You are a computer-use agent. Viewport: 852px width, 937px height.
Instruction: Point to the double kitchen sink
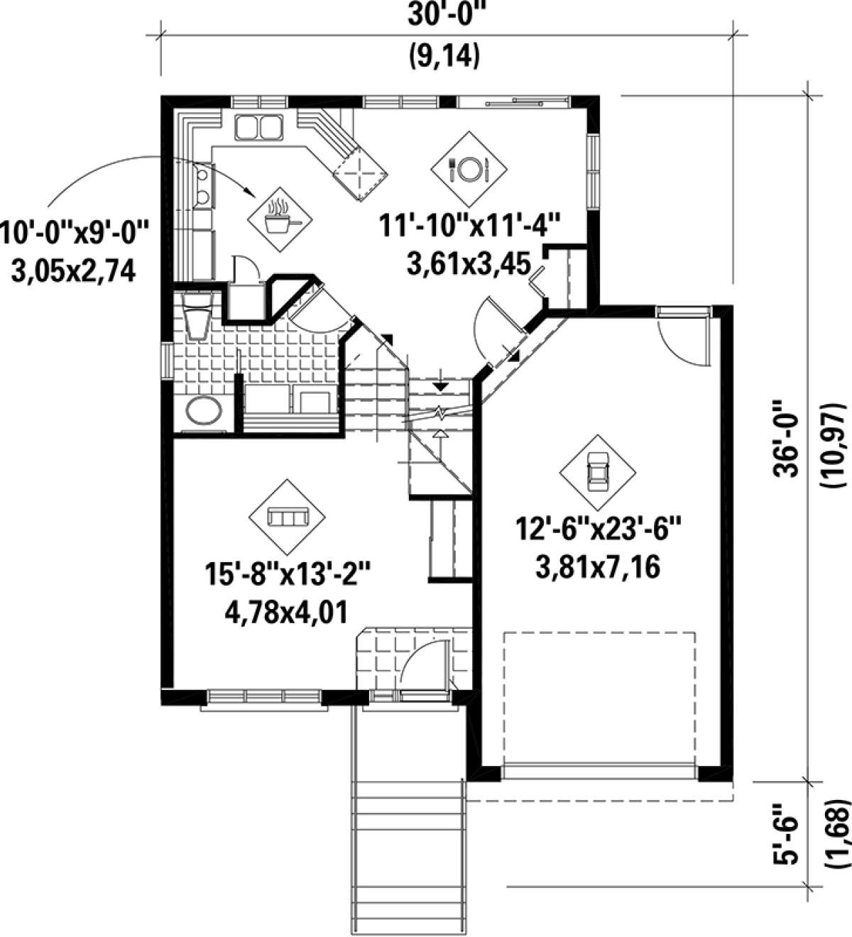[x=259, y=128]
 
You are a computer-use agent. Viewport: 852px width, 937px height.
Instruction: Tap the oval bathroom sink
[x=202, y=411]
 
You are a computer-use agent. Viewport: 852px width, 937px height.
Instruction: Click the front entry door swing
[x=424, y=664]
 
